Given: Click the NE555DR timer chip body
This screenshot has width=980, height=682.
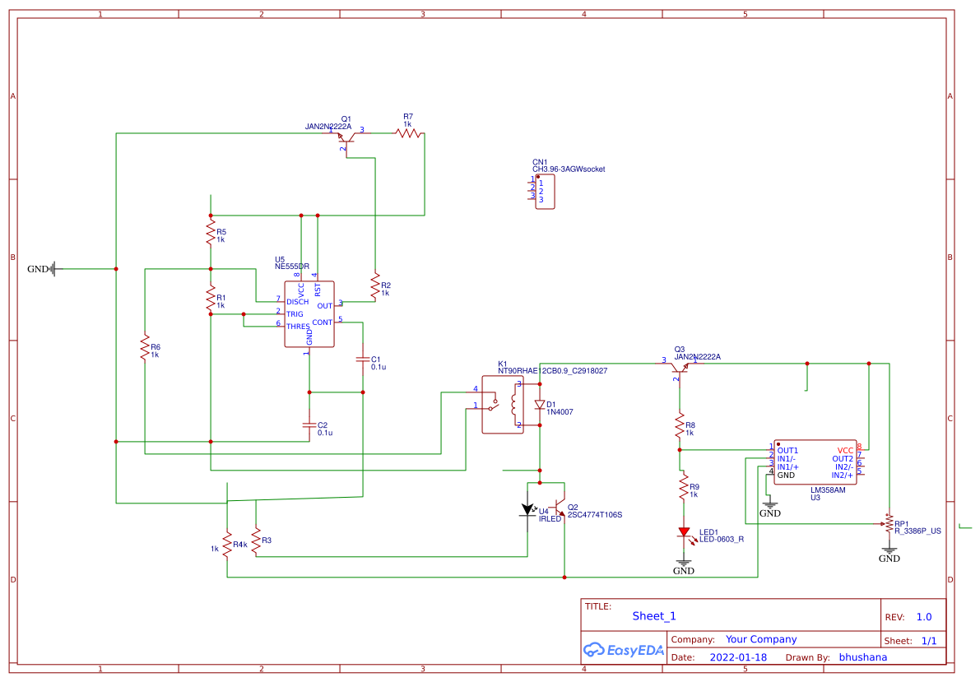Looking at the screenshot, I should pyautogui.click(x=309, y=313).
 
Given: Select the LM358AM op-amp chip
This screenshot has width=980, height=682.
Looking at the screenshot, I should pyautogui.click(x=815, y=462).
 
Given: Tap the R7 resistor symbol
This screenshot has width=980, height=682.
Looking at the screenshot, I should pyautogui.click(x=408, y=132).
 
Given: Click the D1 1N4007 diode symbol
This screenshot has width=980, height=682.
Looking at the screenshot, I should pyautogui.click(x=540, y=405).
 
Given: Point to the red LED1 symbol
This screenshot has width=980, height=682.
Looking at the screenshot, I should pyautogui.click(x=683, y=533).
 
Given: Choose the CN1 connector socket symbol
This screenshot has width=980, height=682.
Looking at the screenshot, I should pyautogui.click(x=544, y=191).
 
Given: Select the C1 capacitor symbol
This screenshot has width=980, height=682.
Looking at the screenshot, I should pyautogui.click(x=363, y=360).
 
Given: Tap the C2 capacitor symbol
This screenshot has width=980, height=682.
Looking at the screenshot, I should pyautogui.click(x=309, y=425).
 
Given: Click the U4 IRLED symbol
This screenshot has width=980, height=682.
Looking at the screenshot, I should pyautogui.click(x=528, y=510).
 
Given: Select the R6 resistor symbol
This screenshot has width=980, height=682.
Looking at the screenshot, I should pyautogui.click(x=145, y=347).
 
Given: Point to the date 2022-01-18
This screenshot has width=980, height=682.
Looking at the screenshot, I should pyautogui.click(x=738, y=657).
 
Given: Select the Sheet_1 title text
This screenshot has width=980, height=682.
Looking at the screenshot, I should pyautogui.click(x=654, y=616).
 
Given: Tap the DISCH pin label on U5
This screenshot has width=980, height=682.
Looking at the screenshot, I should pyautogui.click(x=297, y=302).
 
